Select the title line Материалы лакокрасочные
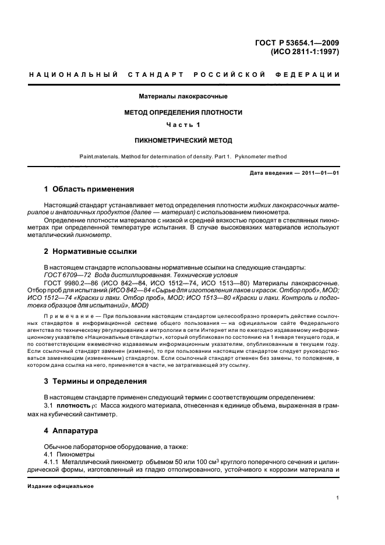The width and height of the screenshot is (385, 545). pyautogui.click(x=182, y=96)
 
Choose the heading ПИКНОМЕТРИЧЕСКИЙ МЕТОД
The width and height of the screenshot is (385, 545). pyautogui.click(x=182, y=140)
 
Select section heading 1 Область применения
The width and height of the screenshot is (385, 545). pyautogui.click(x=90, y=189)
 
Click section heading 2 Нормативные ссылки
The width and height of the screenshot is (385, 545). pyautogui.click(x=91, y=252)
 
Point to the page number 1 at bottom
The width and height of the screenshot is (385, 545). pyautogui.click(x=338, y=498)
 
